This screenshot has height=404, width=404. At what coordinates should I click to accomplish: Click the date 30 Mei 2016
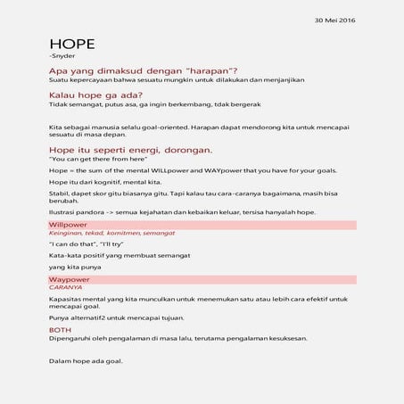pos(335,20)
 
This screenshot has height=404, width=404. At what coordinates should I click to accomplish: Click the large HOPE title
pos(73,45)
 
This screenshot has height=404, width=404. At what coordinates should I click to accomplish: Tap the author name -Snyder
pos(63,57)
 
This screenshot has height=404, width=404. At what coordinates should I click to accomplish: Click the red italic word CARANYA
pos(65,288)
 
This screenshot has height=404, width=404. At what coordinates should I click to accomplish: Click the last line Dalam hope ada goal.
pos(86,361)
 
